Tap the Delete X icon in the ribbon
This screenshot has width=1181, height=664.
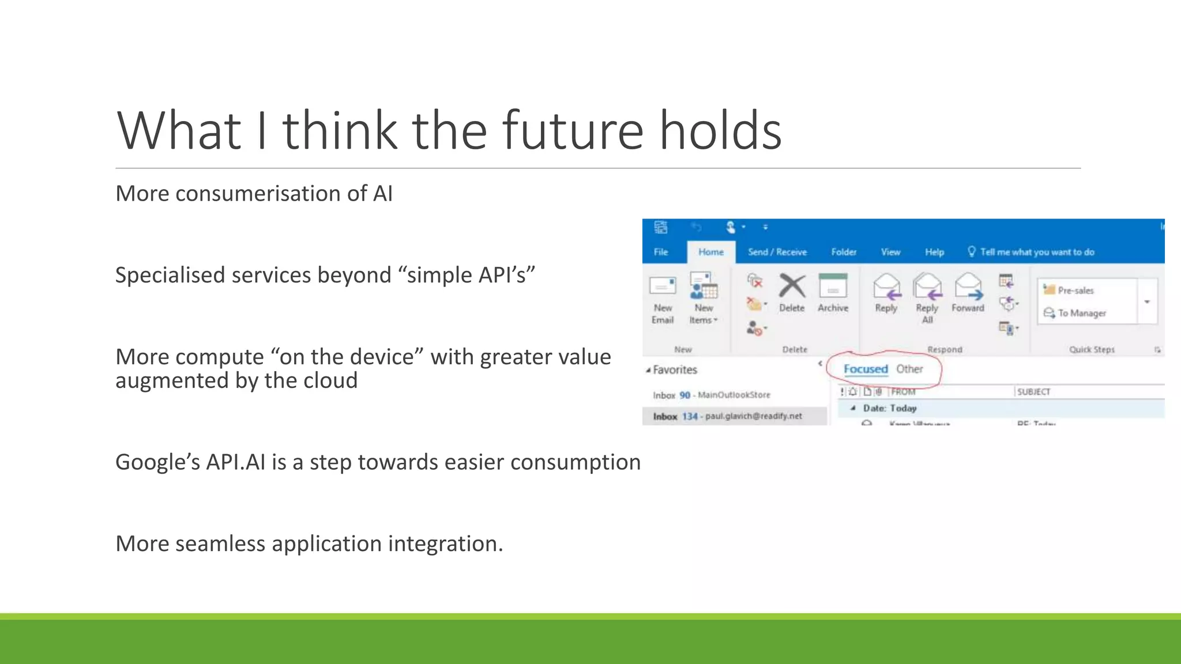click(792, 286)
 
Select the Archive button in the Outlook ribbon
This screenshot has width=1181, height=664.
click(833, 293)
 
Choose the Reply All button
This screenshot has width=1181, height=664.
click(927, 297)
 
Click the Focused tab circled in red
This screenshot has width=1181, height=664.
click(865, 369)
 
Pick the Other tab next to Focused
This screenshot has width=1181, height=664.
click(909, 369)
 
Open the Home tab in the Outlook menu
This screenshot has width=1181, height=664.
click(710, 252)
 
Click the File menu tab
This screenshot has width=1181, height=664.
click(661, 252)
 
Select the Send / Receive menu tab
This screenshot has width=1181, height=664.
click(777, 252)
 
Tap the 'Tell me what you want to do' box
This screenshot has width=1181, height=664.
click(1036, 252)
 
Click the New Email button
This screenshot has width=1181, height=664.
click(663, 297)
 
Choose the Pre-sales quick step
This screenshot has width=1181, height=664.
click(1075, 290)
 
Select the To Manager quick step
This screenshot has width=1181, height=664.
click(1081, 313)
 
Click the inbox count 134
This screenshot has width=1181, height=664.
click(690, 416)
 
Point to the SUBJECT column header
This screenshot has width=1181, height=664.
click(1033, 392)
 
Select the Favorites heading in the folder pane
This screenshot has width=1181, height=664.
click(675, 370)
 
